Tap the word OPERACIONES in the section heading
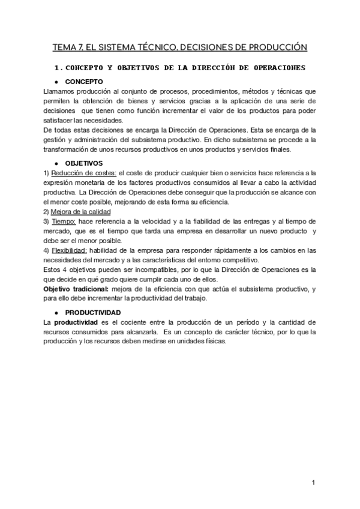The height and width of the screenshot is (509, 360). pyautogui.click(x=275, y=67)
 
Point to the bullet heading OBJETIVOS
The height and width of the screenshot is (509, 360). pyautogui.click(x=85, y=163)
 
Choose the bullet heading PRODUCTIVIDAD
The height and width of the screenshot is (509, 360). pyautogui.click(x=93, y=313)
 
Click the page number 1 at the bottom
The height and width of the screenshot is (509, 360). pyautogui.click(x=314, y=483)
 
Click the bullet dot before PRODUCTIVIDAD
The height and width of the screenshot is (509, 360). pyautogui.click(x=55, y=313)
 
